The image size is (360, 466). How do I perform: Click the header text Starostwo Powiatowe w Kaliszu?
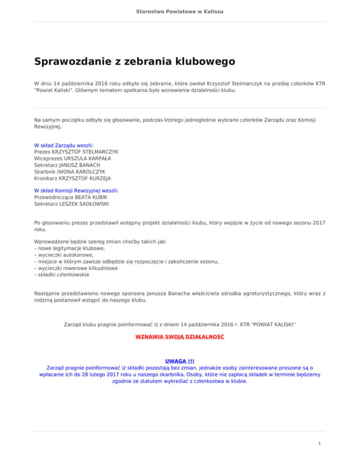click(180, 11)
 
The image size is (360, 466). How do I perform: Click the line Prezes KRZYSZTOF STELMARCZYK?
click(76, 152)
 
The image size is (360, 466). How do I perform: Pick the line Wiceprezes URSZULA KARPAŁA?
click(73, 159)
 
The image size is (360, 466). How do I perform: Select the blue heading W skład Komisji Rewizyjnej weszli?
click(76, 191)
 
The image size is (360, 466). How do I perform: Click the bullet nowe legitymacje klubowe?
click(69, 248)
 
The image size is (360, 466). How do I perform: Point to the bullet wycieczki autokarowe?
click(64, 255)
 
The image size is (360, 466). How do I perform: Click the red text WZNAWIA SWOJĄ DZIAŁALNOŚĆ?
click(180, 337)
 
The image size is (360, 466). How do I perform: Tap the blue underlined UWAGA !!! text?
click(180, 361)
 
